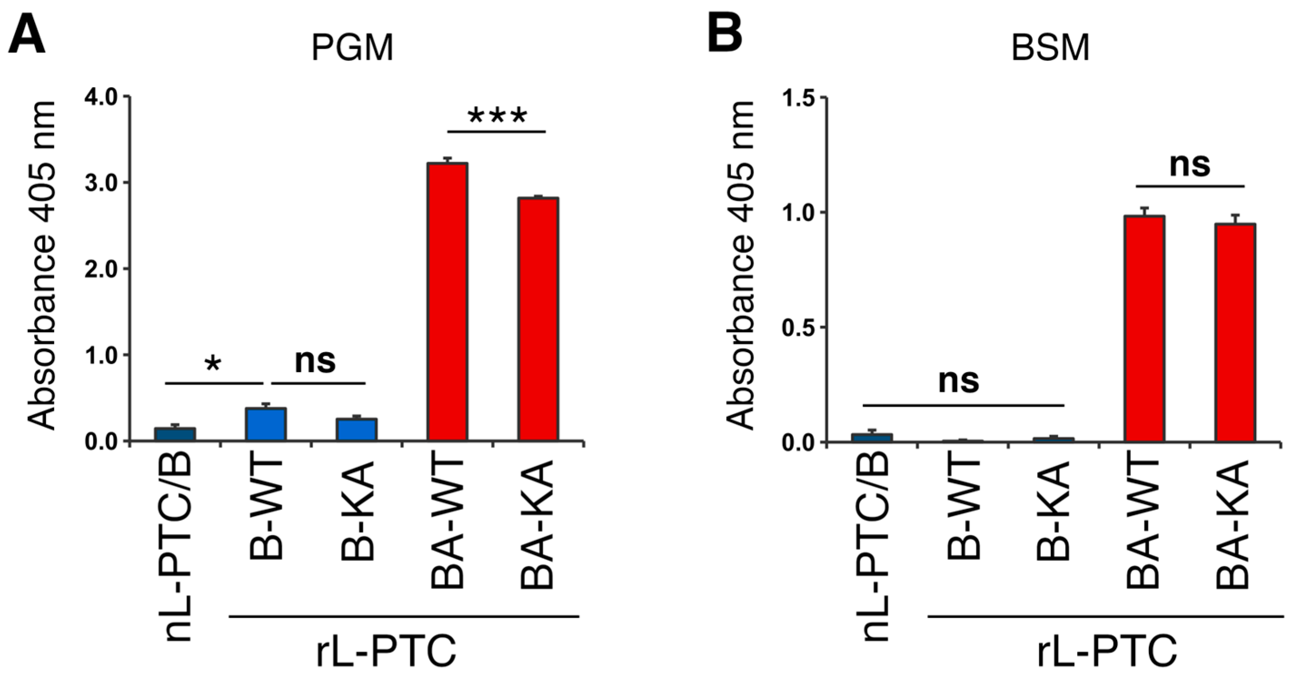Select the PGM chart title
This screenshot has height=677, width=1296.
352,48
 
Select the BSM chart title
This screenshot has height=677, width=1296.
1050,48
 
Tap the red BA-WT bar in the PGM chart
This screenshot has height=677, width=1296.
447,302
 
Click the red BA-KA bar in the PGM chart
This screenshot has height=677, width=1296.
538,319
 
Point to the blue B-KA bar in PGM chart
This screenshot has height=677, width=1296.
357,430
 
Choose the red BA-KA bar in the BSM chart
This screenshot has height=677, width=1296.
1236,333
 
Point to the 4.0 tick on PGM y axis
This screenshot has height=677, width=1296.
103,97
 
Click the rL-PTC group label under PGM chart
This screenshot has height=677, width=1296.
386,650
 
